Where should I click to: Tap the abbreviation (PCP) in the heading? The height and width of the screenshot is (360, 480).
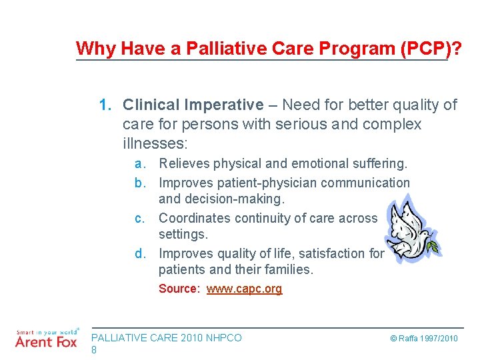pyautogui.click(x=423, y=49)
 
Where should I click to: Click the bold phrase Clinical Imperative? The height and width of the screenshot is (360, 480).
pyautogui.click(x=193, y=105)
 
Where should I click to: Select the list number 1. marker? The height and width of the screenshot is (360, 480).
pyautogui.click(x=107, y=105)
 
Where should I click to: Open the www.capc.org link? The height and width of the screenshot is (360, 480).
pyautogui.click(x=244, y=289)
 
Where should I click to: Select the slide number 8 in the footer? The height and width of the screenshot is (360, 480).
pyautogui.click(x=94, y=349)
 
